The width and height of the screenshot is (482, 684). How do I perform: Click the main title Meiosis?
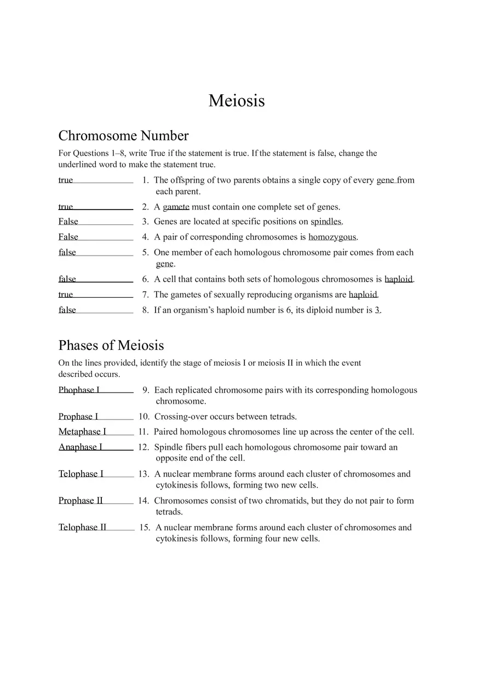coord(237,101)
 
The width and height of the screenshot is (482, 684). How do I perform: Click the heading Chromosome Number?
coord(123,135)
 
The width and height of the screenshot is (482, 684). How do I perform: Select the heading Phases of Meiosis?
coord(111,345)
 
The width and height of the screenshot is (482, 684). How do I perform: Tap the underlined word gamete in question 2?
coord(176,207)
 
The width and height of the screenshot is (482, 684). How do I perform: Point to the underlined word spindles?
coord(326,222)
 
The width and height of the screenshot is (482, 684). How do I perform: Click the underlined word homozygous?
coord(332,237)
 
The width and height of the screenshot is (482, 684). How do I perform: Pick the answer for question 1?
coord(66,180)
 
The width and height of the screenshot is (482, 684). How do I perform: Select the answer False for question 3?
coord(68,222)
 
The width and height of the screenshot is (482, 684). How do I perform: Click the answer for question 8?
coord(67,310)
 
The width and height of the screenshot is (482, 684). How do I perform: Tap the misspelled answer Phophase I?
coord(79,390)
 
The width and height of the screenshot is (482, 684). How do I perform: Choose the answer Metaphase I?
coord(83,432)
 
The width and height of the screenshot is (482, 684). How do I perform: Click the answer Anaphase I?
coord(81,447)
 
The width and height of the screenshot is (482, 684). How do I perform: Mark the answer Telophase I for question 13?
coord(81,474)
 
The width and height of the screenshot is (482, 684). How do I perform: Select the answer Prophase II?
coord(81,500)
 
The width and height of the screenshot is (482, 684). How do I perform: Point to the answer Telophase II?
coord(83,527)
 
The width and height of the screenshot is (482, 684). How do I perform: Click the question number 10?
coord(144,416)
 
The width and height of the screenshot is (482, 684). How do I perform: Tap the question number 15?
coord(145,527)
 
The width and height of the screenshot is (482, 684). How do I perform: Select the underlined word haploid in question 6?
coord(398,279)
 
